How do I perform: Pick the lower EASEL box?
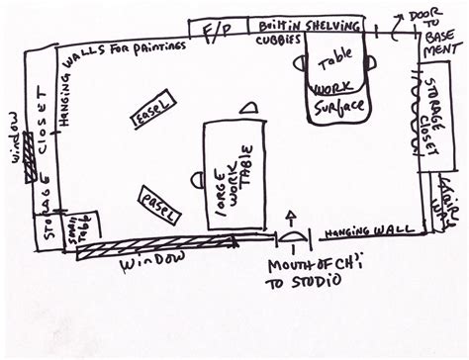[x=159, y=204]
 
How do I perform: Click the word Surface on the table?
[x=338, y=104]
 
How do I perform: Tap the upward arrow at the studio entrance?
[x=291, y=222]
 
